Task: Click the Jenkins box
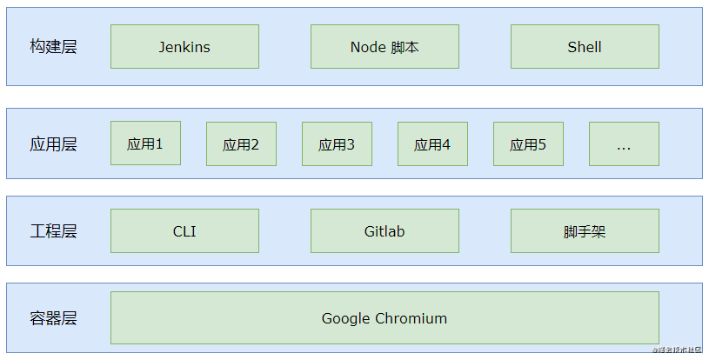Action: (x=184, y=47)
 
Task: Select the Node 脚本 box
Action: (x=385, y=47)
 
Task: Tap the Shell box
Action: (x=585, y=47)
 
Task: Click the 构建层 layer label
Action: (x=53, y=47)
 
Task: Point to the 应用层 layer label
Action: (x=53, y=144)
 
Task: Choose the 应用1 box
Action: (x=145, y=143)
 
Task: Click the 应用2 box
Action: (x=241, y=144)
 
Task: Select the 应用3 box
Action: (x=337, y=144)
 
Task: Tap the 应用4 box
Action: (x=432, y=144)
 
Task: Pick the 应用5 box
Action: (x=528, y=144)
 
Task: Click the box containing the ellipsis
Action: (x=624, y=144)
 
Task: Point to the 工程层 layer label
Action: (x=53, y=231)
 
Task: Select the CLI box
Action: (x=184, y=231)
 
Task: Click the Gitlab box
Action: (x=385, y=231)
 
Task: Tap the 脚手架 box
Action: (x=585, y=231)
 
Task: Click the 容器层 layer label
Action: (x=53, y=318)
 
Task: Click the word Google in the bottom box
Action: (x=345, y=318)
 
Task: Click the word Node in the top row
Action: (x=368, y=47)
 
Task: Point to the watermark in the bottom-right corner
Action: (x=679, y=350)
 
